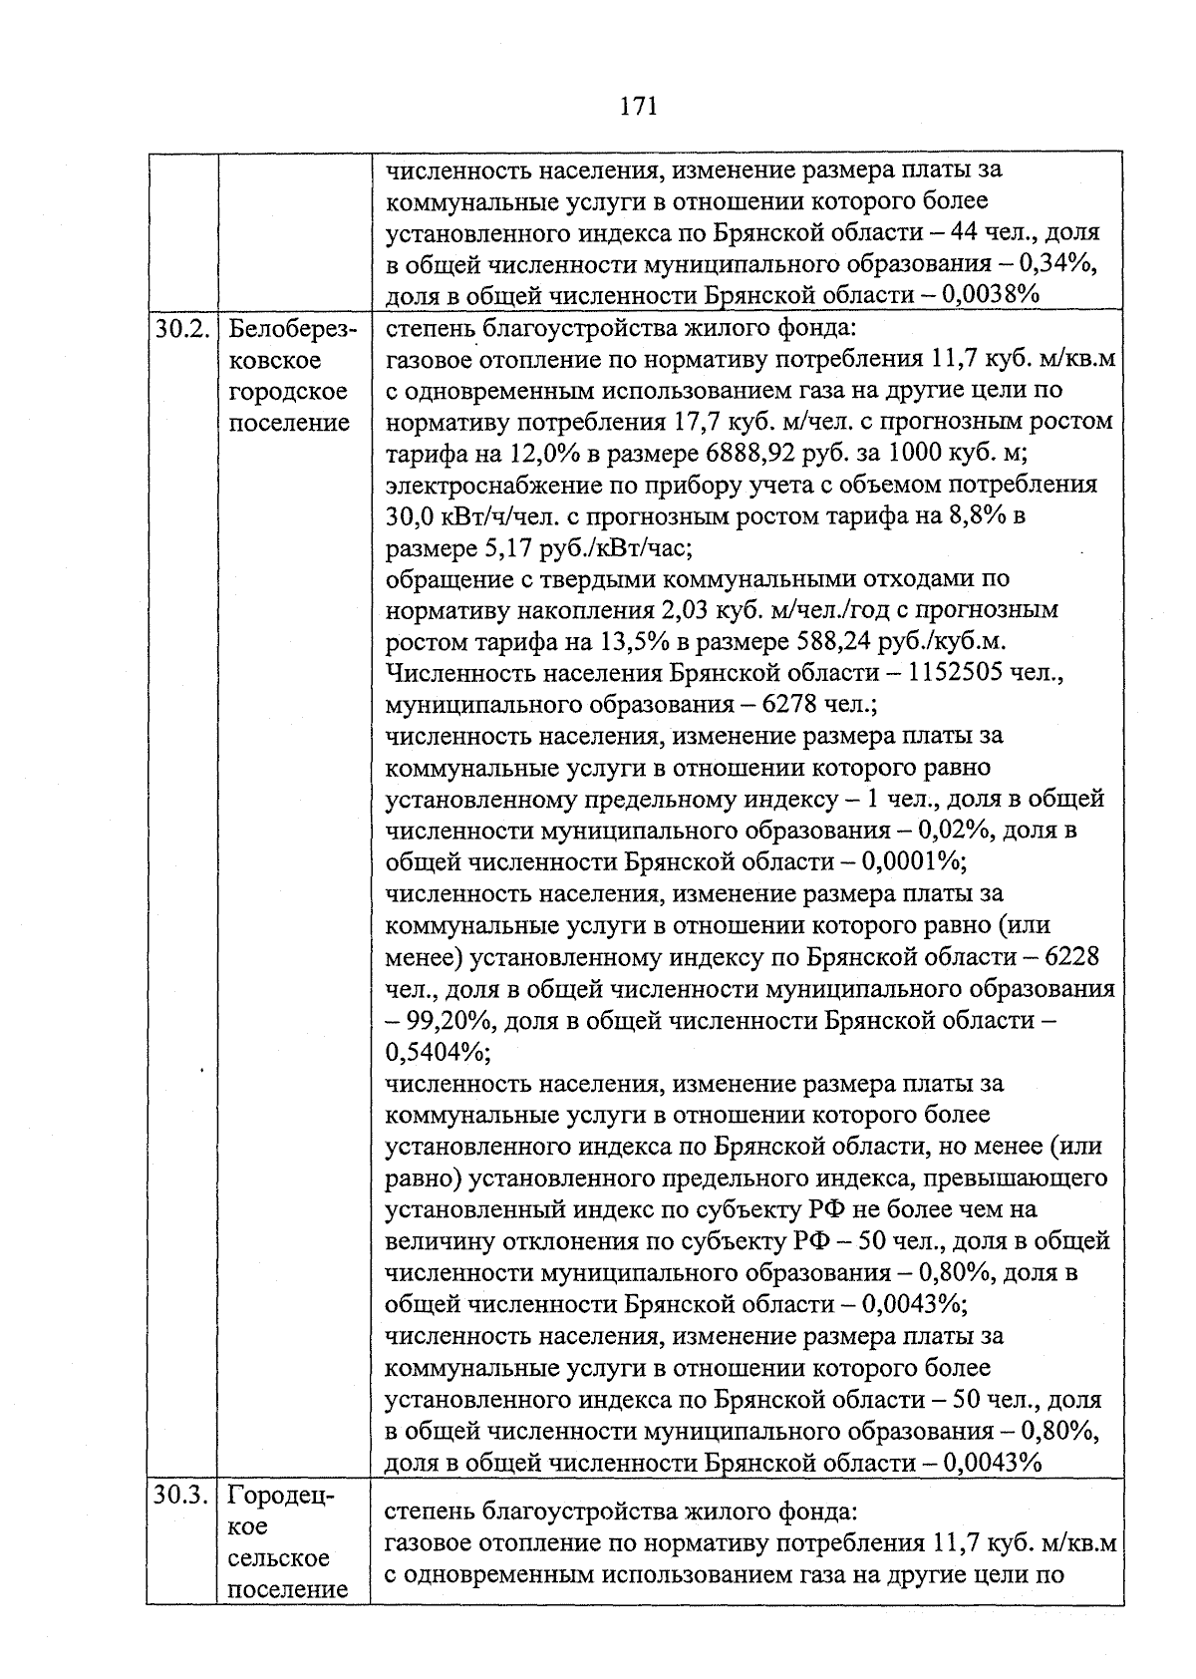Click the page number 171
click(639, 107)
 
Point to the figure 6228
click(1072, 957)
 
